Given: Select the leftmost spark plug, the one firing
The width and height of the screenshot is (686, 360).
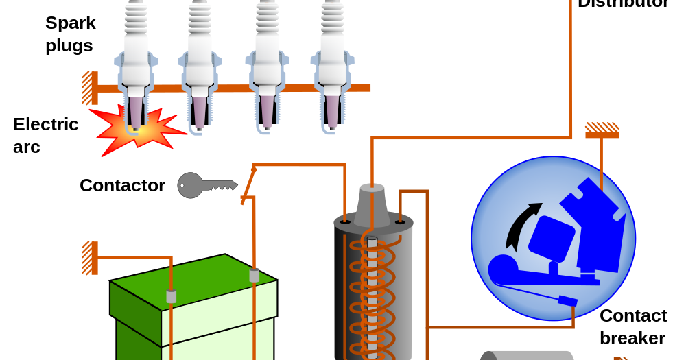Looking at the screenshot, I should click(x=135, y=62).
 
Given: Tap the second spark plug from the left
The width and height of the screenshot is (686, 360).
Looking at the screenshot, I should click(x=200, y=62).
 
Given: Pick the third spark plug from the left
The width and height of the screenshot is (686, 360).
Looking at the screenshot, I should click(x=267, y=62).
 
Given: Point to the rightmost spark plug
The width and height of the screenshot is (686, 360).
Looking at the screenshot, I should click(x=332, y=62).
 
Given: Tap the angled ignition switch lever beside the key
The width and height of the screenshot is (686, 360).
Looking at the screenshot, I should click(x=248, y=185).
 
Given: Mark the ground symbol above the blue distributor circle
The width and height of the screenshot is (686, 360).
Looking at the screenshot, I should click(x=602, y=130).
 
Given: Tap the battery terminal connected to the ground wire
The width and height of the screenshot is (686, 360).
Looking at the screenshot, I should click(x=171, y=296).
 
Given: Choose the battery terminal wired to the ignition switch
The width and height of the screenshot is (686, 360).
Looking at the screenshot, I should click(x=254, y=275).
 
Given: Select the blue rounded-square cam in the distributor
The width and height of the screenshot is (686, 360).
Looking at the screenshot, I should click(x=551, y=239).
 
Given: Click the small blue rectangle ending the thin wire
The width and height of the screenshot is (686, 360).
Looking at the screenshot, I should click(x=567, y=300).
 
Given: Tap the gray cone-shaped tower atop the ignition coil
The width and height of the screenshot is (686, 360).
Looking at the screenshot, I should click(x=372, y=205).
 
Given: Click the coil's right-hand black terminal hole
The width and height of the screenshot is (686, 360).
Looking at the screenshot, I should click(x=400, y=221).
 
